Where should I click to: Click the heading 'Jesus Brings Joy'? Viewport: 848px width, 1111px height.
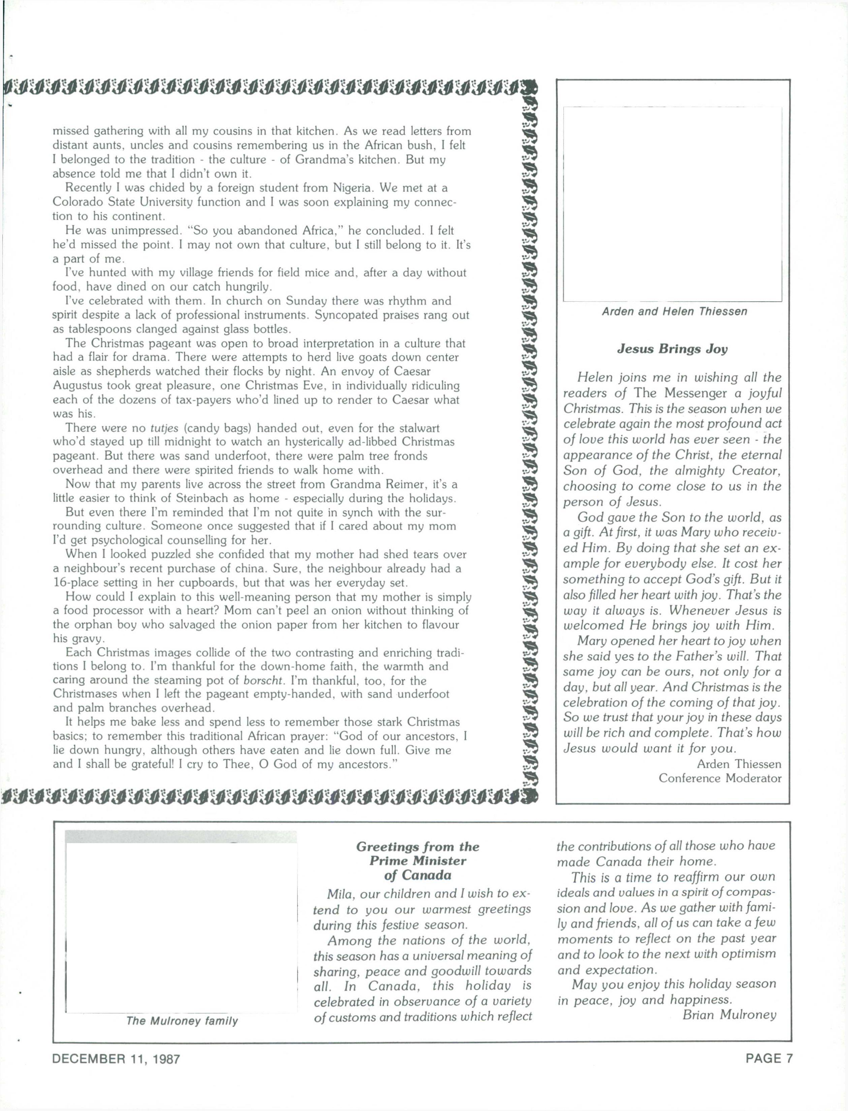[672, 349]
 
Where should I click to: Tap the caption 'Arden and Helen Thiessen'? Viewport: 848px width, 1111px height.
[674, 311]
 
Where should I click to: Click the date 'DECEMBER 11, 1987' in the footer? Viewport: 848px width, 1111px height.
[116, 1058]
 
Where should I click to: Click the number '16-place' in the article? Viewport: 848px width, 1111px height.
[77, 583]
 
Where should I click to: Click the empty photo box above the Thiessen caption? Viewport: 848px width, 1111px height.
[672, 204]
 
